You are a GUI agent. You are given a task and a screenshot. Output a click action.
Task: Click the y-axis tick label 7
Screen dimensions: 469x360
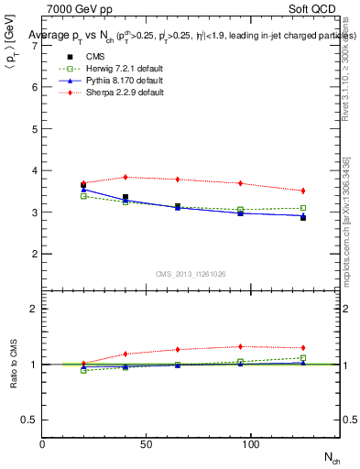33,45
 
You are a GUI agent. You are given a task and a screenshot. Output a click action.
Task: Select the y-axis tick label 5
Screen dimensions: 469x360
33,128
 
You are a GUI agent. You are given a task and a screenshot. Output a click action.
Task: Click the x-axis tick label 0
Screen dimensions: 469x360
42,443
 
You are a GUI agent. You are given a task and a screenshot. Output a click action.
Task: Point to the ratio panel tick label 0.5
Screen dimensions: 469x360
29,420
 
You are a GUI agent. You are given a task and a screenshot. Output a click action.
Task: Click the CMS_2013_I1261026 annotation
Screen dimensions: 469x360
191,273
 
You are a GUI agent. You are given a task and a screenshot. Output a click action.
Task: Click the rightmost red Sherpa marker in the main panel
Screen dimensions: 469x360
303,191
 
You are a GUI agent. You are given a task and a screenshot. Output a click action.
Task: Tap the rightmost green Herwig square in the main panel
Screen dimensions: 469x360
303,208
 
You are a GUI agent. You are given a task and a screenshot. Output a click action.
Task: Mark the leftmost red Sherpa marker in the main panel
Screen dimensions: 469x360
83,183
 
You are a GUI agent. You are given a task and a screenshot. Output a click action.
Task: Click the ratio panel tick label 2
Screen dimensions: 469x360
33,309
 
